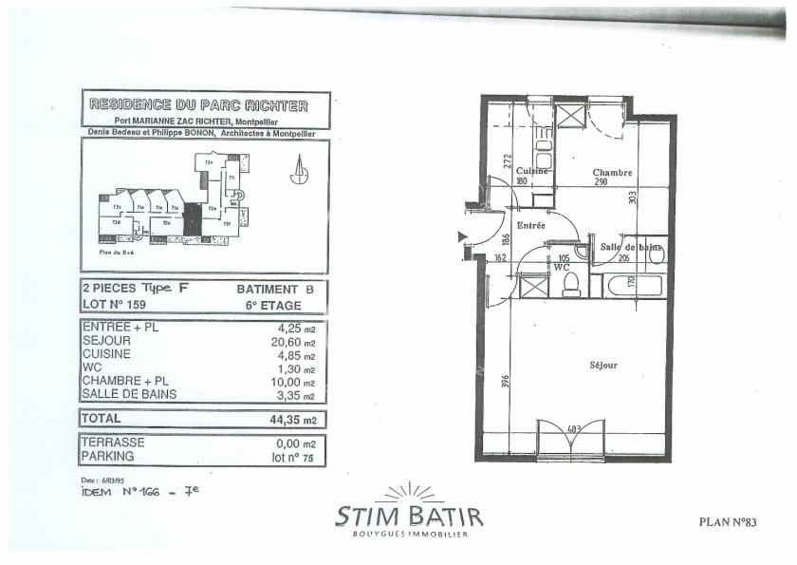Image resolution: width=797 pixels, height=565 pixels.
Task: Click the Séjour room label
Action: [x=602, y=365]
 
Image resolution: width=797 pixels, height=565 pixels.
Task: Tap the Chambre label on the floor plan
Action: [x=613, y=172]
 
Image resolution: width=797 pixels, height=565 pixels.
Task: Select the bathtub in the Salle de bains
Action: [x=627, y=284]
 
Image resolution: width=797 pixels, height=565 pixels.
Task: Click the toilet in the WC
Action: [x=571, y=285]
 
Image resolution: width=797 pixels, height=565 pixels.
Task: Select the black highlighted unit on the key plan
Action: [x=193, y=220]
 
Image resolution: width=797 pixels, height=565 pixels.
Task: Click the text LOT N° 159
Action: [x=118, y=305]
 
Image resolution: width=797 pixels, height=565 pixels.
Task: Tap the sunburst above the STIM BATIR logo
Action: [x=409, y=493]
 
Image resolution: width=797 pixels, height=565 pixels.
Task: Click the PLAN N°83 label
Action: [x=729, y=520]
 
